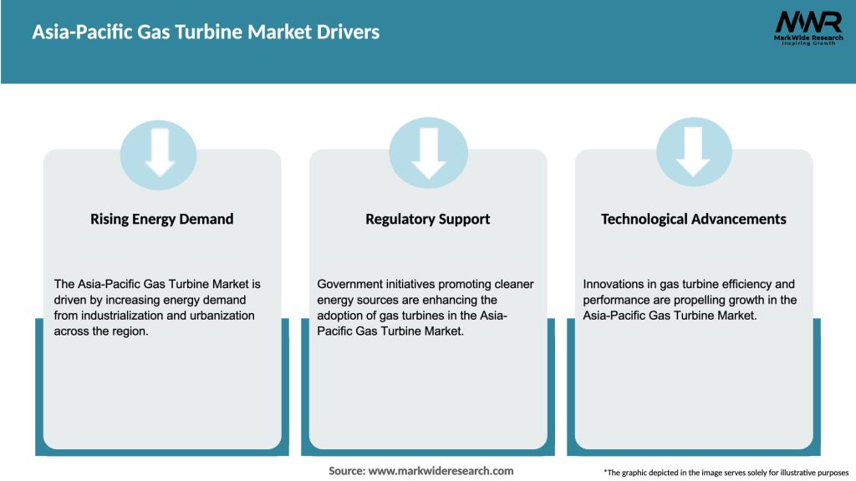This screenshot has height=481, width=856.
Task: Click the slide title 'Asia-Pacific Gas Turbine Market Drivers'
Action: coord(206,33)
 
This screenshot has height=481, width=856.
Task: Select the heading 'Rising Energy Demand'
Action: coord(161,219)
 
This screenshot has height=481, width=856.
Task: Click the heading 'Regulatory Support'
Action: coord(427,219)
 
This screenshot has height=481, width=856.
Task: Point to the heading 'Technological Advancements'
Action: coord(693,219)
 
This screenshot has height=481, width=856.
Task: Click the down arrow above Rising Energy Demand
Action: coord(159,153)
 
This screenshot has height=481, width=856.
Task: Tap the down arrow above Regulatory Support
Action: coord(428,153)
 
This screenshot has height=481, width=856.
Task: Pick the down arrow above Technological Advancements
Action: coord(694,153)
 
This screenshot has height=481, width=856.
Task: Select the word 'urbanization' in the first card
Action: coord(221,316)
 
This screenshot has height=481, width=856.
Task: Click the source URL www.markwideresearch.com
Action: coord(441,471)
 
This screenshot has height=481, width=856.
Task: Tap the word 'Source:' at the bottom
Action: coord(347,471)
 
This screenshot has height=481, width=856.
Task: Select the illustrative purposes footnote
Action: coord(726,473)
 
